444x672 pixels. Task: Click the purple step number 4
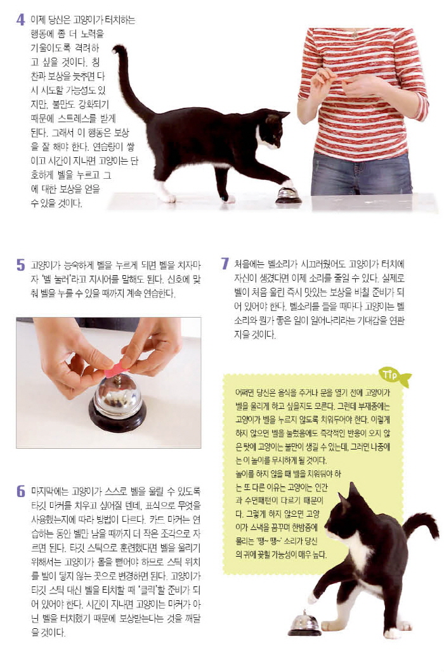(20, 20)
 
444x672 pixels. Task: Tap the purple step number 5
(20, 265)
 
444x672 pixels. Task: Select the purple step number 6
(20, 491)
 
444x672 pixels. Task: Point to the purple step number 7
(225, 264)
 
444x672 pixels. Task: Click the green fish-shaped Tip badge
(396, 377)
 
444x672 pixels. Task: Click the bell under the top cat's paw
(288, 195)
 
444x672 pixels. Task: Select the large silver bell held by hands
(117, 403)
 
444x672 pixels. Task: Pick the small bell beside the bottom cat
(304, 623)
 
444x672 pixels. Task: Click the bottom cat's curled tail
(422, 525)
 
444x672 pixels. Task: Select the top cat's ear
(284, 115)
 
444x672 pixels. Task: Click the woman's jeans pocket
(326, 163)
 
